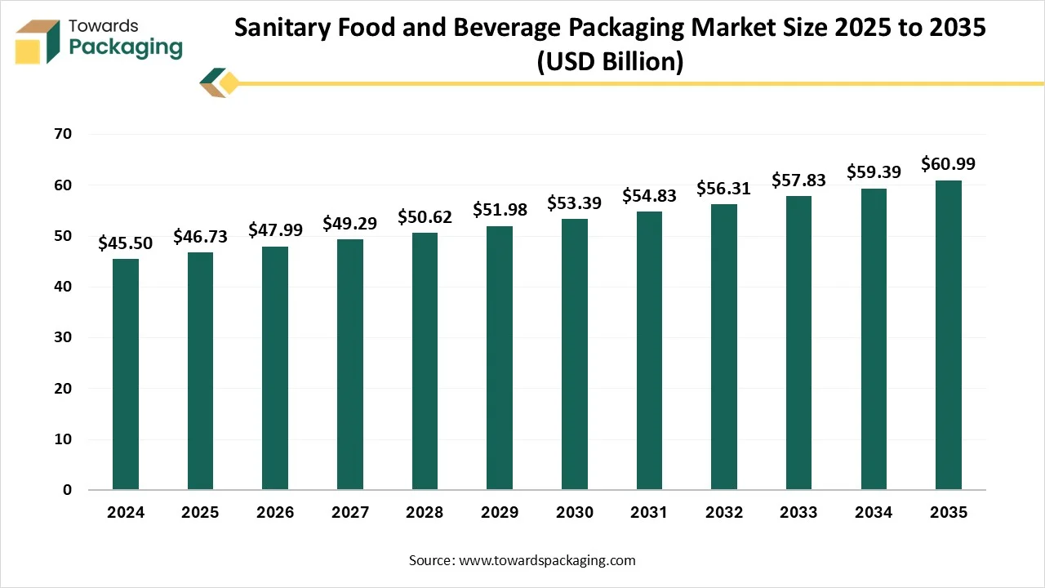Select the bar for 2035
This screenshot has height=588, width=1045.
pos(948,335)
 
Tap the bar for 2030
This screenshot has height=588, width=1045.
pos(574,354)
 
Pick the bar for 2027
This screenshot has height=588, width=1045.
pos(350,364)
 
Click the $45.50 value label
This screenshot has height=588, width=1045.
pos(125,243)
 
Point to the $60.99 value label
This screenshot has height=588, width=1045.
pos(948,164)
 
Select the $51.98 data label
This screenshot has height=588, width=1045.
pos(500,210)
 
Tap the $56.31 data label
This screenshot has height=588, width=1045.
pos(723,189)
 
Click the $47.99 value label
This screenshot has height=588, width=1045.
pos(275,229)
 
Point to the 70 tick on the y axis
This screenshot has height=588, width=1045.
pos(63,134)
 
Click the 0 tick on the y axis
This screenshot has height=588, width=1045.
pos(68,490)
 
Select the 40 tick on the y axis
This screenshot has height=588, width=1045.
pos(63,287)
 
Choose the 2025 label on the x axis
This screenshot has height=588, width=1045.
pos(200,513)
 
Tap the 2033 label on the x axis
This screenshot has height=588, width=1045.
pos(798,513)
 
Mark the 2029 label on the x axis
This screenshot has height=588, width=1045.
pos(500,513)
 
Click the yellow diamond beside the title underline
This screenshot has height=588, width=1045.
pos(229,82)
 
